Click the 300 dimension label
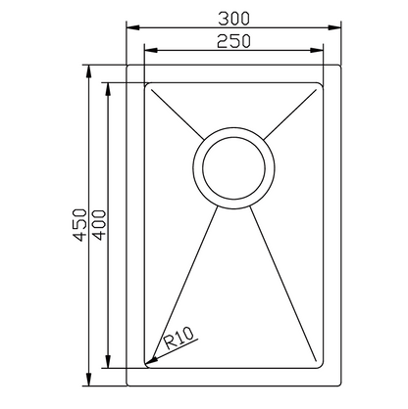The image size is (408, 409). (x=233, y=19)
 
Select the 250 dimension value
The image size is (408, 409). (x=233, y=41)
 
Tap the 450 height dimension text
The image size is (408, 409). (x=80, y=225)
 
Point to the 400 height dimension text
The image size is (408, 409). (x=99, y=225)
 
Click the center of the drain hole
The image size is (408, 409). (x=233, y=168)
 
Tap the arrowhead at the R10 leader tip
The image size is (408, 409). (x=151, y=360)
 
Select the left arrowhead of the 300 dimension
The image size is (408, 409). (x=133, y=27)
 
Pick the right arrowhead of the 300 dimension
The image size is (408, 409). (x=334, y=27)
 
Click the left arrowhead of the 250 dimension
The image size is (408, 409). (x=151, y=50)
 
